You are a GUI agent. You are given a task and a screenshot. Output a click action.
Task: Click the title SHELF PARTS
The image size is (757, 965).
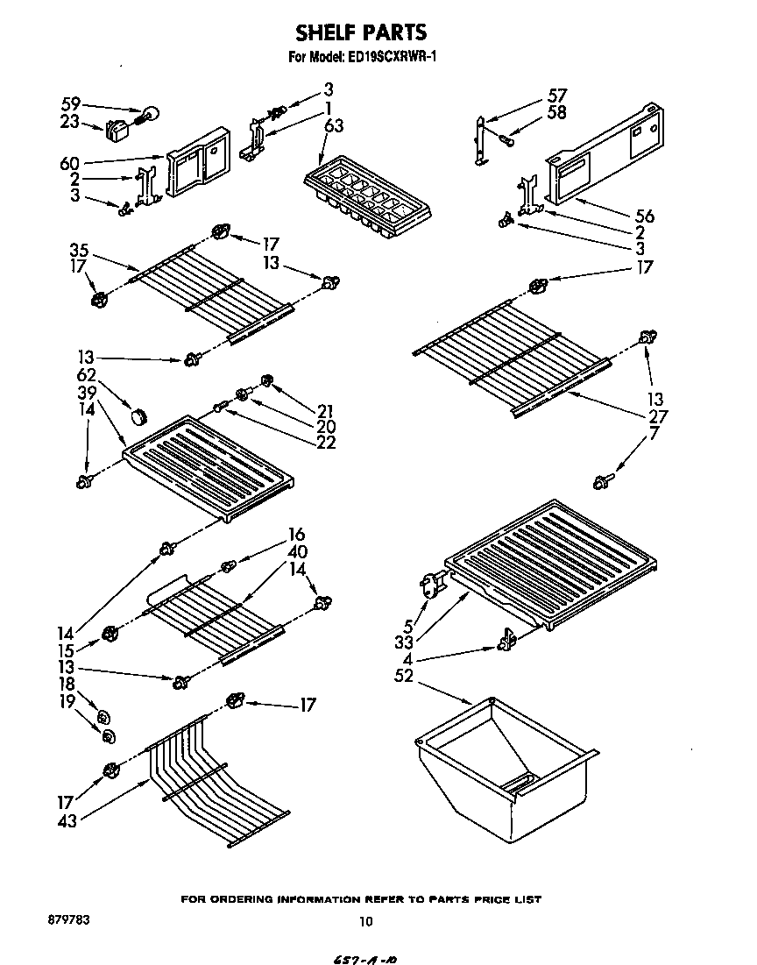(x=361, y=33)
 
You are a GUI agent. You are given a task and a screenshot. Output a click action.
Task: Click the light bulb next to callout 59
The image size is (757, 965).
(x=149, y=113)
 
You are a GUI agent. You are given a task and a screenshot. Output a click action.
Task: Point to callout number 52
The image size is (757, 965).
(x=405, y=676)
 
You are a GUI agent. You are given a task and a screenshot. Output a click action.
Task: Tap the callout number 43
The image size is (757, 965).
(x=66, y=820)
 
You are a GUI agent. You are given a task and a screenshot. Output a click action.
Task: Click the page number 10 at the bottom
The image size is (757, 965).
(x=366, y=921)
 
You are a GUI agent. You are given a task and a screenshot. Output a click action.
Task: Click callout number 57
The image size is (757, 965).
(x=557, y=96)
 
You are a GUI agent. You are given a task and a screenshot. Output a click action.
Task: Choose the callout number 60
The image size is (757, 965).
(x=70, y=164)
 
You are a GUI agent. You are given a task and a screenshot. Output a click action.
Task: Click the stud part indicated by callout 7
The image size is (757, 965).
(x=602, y=479)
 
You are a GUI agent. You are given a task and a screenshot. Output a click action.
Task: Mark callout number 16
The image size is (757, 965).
(x=296, y=535)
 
